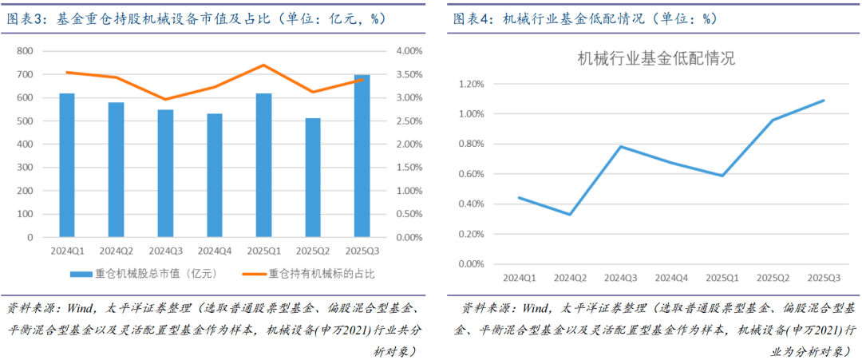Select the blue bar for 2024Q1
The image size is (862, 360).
coord(67,165)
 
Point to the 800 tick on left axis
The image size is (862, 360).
coord(25,51)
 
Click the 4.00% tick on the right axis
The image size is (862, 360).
coord(409,51)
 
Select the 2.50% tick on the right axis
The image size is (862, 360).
coord(409,121)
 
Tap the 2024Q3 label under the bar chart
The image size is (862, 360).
coord(165,251)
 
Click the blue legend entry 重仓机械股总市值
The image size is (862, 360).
coord(144,274)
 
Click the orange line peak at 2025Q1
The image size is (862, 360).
coord(263,65)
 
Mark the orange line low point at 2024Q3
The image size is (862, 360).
coord(165,100)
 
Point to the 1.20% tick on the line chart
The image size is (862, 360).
coord(469,84)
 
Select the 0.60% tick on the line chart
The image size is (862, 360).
coord(469,174)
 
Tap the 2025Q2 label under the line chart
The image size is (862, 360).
coord(773,278)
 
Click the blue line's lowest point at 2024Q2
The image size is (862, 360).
coord(569,214)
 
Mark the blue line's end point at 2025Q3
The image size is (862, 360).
coord(823,101)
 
